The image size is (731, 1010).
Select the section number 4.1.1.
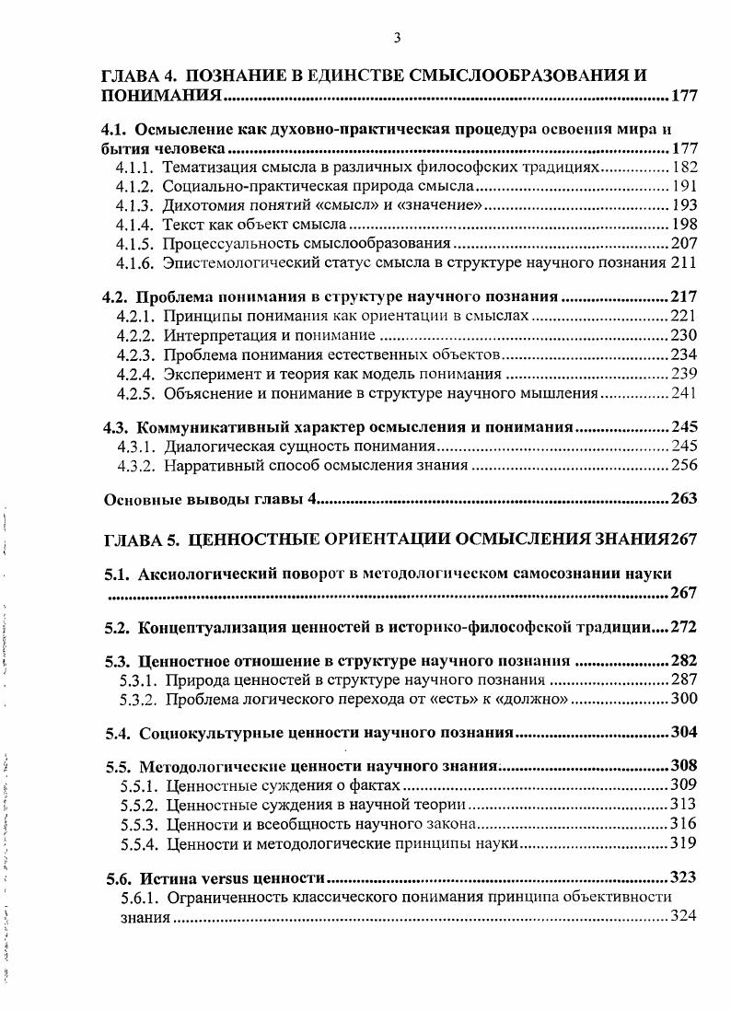(136, 167)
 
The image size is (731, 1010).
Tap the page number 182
(685, 167)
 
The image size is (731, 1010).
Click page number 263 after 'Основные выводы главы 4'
(684, 499)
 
